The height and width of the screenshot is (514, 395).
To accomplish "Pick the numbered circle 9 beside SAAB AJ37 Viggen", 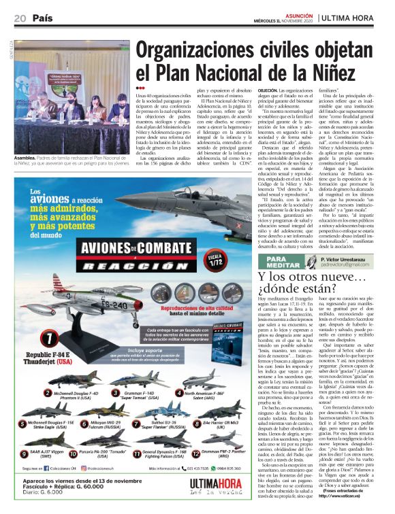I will tap(25, 451).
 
